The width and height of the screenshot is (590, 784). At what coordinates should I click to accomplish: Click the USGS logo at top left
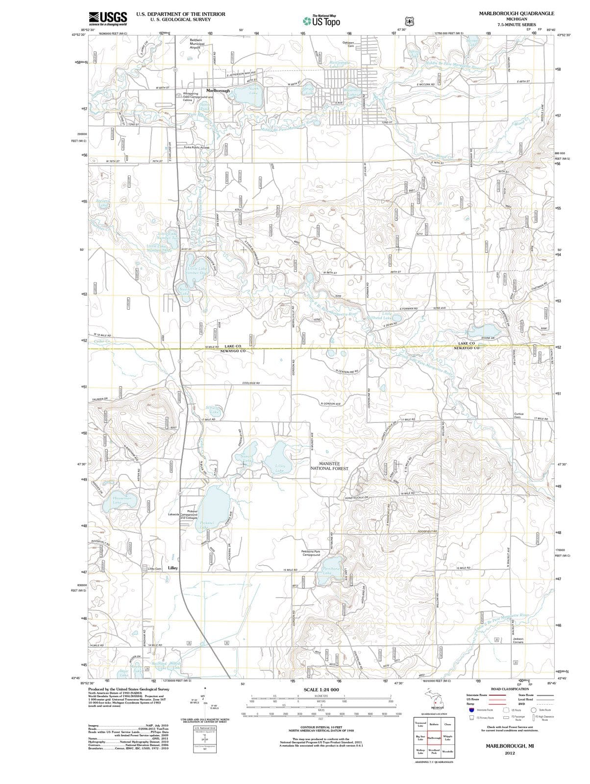(x=108, y=18)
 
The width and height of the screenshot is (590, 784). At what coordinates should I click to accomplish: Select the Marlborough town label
(x=218, y=91)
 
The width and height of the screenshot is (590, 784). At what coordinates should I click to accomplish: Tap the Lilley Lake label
(x=280, y=468)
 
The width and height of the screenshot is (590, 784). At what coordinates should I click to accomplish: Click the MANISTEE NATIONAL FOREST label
(x=329, y=465)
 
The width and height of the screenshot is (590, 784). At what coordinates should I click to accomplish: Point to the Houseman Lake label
(x=117, y=500)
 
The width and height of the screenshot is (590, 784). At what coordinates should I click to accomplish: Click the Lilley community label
(x=172, y=568)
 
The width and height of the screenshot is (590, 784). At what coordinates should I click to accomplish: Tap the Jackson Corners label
(x=518, y=640)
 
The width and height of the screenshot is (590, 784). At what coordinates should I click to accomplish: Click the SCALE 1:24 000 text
(x=321, y=689)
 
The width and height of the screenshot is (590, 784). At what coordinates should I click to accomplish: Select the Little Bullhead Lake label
(x=380, y=316)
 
